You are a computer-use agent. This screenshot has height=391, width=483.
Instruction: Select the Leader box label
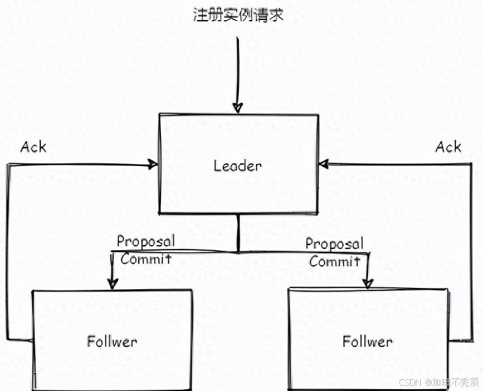click(237, 166)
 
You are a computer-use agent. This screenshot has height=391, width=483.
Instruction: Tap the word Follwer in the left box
click(111, 342)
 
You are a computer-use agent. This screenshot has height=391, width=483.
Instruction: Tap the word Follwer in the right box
click(367, 341)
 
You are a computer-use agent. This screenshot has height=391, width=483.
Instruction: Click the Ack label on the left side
click(33, 147)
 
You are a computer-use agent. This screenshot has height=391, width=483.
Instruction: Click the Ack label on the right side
click(448, 147)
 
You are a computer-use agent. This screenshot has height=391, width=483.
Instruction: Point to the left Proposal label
click(145, 241)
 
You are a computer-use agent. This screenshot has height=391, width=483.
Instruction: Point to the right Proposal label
click(334, 243)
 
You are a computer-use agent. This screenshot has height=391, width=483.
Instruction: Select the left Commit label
click(146, 258)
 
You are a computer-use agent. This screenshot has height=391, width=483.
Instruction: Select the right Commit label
click(335, 261)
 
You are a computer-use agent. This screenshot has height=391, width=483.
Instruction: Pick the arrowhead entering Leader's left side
click(153, 165)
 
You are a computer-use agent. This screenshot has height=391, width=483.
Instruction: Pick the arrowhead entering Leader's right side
click(324, 164)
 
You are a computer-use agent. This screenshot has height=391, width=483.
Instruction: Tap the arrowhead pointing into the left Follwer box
click(113, 283)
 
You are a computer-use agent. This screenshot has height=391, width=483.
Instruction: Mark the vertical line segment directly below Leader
click(238, 233)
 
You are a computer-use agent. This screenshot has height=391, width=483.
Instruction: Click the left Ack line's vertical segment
click(7, 251)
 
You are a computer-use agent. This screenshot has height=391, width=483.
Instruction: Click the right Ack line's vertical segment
click(472, 251)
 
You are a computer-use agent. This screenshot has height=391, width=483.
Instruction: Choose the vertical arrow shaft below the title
click(237, 69)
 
